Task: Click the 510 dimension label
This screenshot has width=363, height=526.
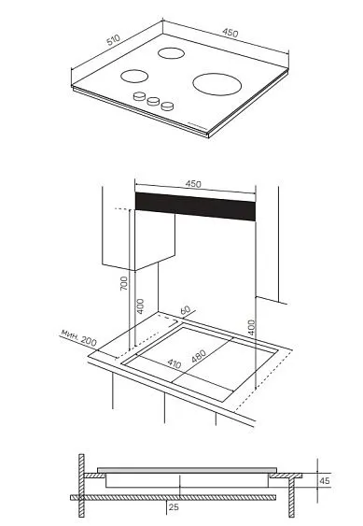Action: (113, 40)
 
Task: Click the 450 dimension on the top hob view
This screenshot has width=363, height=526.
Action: (230, 33)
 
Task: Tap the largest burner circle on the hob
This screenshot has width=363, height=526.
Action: (216, 84)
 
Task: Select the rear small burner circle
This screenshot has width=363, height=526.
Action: (171, 53)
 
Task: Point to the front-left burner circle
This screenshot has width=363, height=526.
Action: (134, 77)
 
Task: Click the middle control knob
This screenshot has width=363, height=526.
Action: (153, 101)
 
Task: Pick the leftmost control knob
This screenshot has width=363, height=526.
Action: (139, 96)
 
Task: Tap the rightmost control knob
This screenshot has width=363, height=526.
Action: (167, 106)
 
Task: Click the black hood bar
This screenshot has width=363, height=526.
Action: (195, 206)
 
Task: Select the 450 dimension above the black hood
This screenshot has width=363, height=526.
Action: (193, 184)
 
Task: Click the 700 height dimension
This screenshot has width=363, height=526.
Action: (124, 283)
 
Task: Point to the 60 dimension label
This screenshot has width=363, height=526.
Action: (185, 310)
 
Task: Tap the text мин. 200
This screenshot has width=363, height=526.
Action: (78, 337)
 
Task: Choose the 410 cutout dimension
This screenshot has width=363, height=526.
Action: (175, 363)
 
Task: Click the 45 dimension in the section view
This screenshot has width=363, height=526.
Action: (325, 481)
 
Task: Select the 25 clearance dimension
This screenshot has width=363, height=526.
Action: (174, 507)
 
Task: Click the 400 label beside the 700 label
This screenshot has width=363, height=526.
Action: (140, 306)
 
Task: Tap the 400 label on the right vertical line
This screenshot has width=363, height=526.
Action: (252, 327)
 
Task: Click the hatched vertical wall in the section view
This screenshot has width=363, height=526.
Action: (81, 486)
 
